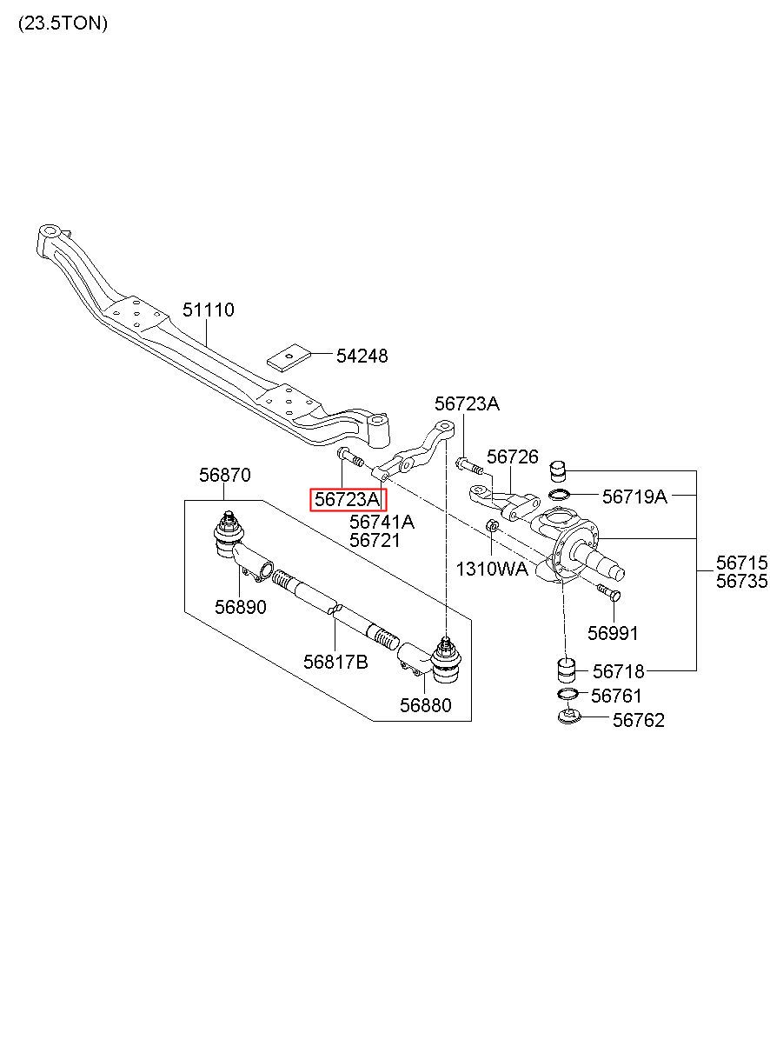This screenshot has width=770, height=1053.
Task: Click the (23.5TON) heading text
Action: tap(63, 23)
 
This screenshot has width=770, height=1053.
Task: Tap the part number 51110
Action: tap(208, 310)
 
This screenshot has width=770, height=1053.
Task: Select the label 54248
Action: tap(362, 356)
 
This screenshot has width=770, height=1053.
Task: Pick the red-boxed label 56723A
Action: tap(347, 499)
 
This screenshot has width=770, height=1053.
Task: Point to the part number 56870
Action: tap(224, 475)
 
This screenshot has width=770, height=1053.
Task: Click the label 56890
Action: tap(241, 607)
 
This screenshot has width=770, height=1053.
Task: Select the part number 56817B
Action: tap(335, 662)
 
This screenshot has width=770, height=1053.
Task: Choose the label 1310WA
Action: tap(492, 570)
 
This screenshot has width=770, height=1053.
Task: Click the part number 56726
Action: tap(512, 457)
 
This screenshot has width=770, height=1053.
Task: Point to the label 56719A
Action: tap(634, 497)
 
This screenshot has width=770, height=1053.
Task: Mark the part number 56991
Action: tap(613, 633)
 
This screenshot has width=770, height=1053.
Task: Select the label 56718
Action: tap(618, 671)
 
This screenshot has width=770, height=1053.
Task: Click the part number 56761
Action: tap(616, 696)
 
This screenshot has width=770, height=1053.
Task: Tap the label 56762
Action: tap(639, 720)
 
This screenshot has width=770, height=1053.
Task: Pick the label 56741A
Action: tap(382, 522)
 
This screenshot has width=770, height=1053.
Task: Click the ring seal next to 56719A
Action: tap(559, 495)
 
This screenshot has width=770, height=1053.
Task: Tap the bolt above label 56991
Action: tap(609, 592)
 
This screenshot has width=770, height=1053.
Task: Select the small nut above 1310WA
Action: tap(491, 524)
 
